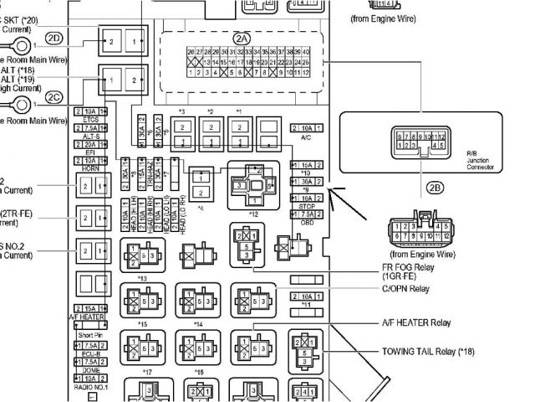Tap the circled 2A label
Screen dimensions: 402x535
(242, 39)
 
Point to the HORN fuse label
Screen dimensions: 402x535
(91, 167)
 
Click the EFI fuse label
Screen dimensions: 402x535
(91, 152)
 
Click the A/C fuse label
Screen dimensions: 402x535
(306, 137)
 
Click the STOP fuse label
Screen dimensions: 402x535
(306, 206)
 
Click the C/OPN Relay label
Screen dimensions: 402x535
(400, 289)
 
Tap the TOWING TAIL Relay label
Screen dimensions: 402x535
(427, 351)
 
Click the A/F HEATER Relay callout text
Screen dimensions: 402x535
(415, 322)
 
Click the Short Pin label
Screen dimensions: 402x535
(90, 335)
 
